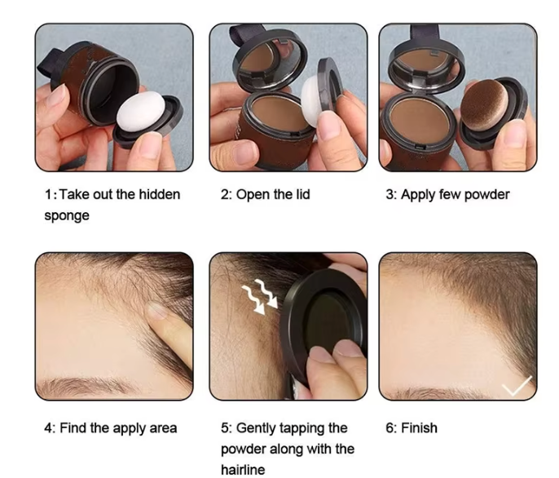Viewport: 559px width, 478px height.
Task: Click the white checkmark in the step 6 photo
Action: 517,385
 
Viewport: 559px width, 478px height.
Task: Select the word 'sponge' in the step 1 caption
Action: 67,216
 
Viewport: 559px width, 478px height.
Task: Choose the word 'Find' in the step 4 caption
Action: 74,428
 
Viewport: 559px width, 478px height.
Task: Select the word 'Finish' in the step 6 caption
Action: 420,428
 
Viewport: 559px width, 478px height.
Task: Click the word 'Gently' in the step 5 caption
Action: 258,428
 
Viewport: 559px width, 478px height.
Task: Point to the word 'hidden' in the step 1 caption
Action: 160,195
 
